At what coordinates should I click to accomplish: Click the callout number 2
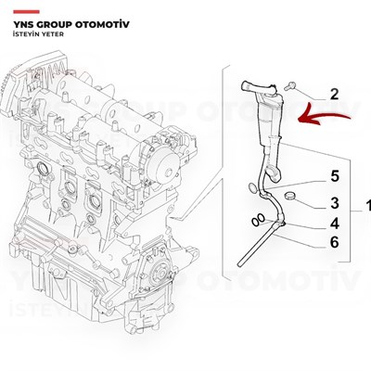pyautogui.click(x=334, y=93)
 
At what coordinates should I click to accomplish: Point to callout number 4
pyautogui.click(x=334, y=224)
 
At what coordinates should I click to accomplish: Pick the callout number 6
pyautogui.click(x=334, y=243)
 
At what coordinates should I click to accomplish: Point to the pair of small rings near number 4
pyautogui.click(x=254, y=221)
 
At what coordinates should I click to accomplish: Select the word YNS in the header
pyautogui.click(x=24, y=16)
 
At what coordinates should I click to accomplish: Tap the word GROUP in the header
pyautogui.click(x=66, y=16)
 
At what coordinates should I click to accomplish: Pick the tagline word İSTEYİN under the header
pyautogui.click(x=25, y=30)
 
